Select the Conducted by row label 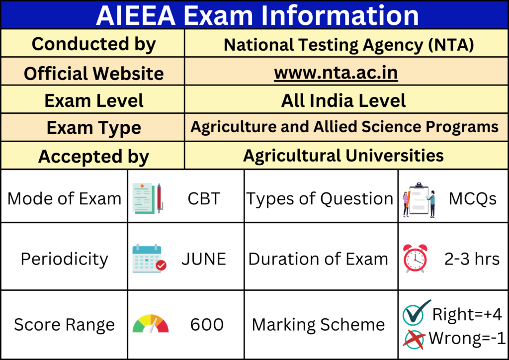93,44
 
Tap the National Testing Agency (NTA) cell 348,45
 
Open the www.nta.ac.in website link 336,73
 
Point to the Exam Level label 93,100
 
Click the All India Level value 343,100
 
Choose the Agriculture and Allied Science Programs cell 344,127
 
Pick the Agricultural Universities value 343,156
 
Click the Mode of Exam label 65,198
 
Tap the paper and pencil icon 148,198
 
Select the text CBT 203,198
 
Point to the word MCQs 472,199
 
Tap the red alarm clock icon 415,259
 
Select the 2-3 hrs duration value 472,259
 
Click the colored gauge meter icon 151,324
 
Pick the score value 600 207,325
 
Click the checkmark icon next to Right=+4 415,313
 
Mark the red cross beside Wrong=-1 414,338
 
